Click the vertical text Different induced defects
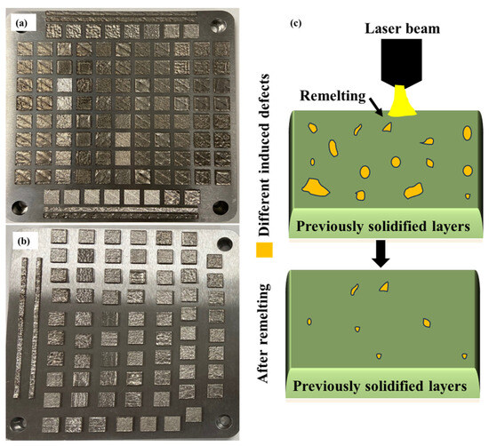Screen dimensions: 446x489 point(264,131)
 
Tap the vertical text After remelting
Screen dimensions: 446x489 point(264,340)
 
